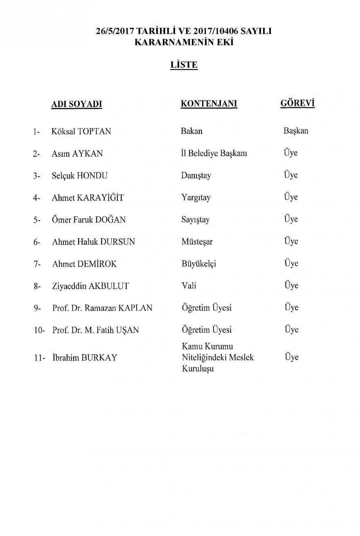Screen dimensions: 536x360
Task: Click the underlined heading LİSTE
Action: [184, 65]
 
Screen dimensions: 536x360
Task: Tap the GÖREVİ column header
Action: [297, 104]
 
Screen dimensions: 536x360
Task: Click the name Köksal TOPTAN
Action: [81, 132]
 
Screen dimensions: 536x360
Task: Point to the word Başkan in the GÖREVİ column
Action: [296, 131]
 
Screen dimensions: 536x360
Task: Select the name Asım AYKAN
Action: [77, 154]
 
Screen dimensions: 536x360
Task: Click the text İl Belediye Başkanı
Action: [214, 154]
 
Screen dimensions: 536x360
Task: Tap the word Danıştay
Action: [196, 176]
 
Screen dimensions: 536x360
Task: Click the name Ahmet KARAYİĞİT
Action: [88, 198]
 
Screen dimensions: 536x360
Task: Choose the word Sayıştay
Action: [195, 220]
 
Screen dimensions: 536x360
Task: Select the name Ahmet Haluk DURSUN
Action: [94, 242]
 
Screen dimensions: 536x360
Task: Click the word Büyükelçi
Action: [198, 264]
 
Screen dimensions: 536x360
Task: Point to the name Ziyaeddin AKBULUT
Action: [90, 286]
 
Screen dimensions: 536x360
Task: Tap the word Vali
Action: [188, 286]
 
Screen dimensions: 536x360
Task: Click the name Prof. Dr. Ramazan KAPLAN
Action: [102, 308]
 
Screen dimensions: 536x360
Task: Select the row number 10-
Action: [39, 330]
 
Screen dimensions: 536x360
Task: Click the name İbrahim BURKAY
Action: [85, 358]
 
